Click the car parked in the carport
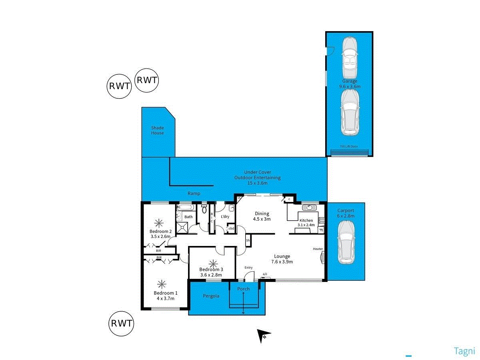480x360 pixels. click(346, 243)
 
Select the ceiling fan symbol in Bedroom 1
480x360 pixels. click(162, 284)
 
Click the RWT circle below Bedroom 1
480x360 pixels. click(121, 323)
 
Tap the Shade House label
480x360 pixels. click(157, 130)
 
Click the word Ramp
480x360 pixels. click(194, 194)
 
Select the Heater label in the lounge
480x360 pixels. click(318, 249)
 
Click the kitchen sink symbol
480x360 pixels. click(309, 208)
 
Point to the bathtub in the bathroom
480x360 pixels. click(185, 208)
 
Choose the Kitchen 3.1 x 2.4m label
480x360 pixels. click(306, 222)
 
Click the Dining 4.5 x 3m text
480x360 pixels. click(262, 216)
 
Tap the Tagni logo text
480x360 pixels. click(464, 351)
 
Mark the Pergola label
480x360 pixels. click(211, 296)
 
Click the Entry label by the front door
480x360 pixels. click(248, 268)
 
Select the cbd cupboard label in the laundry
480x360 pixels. click(231, 229)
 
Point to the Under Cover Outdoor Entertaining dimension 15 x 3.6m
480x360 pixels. click(257, 183)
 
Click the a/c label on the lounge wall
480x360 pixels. click(264, 274)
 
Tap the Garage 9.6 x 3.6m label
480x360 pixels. click(350, 84)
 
